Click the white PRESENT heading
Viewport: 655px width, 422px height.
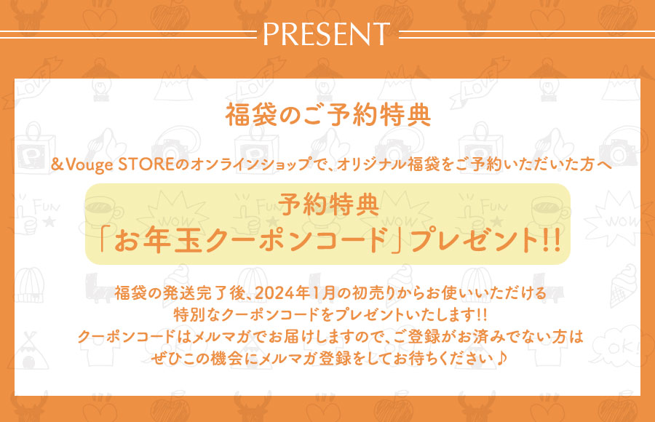click(x=326, y=34)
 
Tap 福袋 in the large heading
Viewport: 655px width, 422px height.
click(x=251, y=115)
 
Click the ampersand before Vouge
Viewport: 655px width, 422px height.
click(x=57, y=164)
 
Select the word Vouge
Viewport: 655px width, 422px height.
click(x=90, y=165)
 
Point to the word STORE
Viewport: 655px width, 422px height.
click(x=146, y=164)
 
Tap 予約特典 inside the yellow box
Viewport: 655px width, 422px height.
click(x=328, y=204)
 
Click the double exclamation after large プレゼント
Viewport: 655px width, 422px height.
click(x=551, y=242)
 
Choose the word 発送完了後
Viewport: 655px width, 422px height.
click(x=204, y=293)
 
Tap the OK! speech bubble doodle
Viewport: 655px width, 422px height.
click(x=619, y=348)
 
